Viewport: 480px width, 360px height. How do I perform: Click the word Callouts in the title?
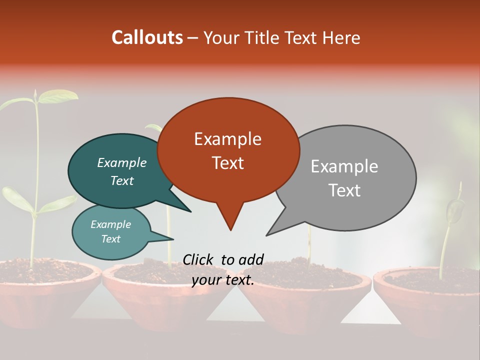click(147, 37)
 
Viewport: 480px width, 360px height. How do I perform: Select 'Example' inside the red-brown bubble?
click(227, 139)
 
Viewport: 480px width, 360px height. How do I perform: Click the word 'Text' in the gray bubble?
click(345, 190)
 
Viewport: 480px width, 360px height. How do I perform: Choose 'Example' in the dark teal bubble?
click(121, 163)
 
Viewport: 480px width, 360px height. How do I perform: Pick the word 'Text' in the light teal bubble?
click(110, 239)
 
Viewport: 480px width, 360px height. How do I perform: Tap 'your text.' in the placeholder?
click(223, 280)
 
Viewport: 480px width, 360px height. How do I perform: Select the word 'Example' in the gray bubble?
click(344, 166)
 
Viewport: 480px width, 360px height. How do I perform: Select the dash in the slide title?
click(193, 38)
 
